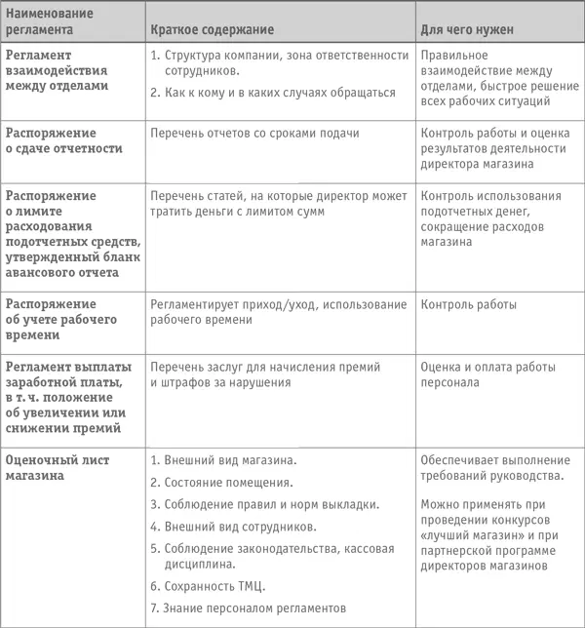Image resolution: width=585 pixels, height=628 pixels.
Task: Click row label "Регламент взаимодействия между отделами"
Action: click(x=60, y=67)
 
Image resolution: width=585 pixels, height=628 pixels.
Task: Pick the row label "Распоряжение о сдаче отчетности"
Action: click(x=64, y=140)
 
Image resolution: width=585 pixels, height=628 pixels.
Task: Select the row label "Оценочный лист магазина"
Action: click(x=58, y=467)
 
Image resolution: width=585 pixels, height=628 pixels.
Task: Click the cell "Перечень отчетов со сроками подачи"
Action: click(x=254, y=134)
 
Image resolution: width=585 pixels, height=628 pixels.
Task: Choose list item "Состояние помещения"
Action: click(x=229, y=482)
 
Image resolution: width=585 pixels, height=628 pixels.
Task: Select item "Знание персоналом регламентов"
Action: click(x=254, y=608)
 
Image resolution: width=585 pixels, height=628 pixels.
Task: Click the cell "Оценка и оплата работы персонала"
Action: click(x=487, y=374)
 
